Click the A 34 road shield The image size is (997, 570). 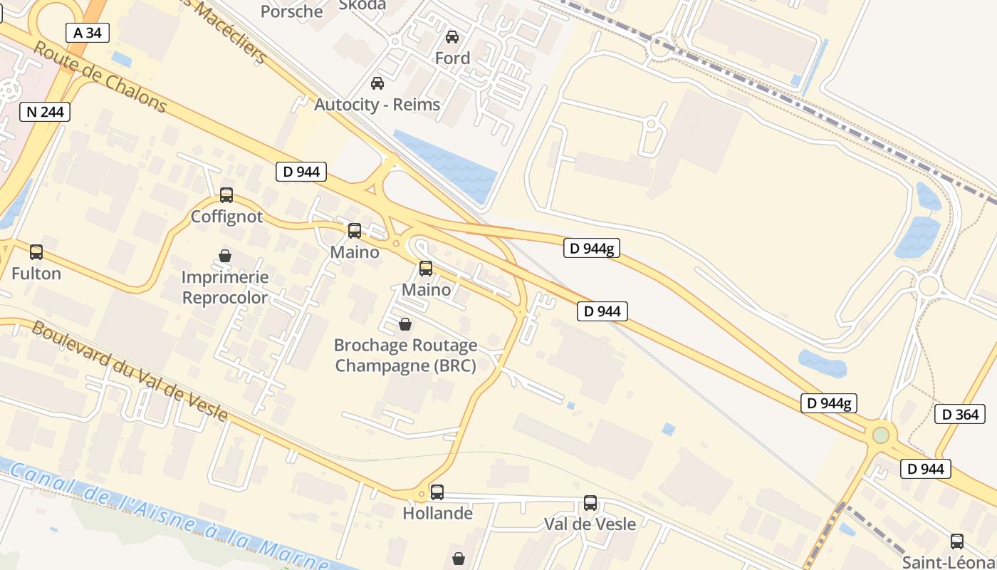click(x=88, y=32)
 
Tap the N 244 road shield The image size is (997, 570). click(x=45, y=111)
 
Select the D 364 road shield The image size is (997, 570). click(x=960, y=414)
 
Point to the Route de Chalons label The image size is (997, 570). click(x=100, y=77)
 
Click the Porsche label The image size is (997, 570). click(x=291, y=11)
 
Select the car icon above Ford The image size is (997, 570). click(x=452, y=37)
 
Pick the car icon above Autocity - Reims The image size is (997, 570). click(x=377, y=83)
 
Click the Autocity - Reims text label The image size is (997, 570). click(x=377, y=105)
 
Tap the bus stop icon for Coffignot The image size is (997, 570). click(x=226, y=195)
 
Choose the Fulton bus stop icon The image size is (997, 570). click(x=36, y=252)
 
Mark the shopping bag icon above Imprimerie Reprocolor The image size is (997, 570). click(x=225, y=256)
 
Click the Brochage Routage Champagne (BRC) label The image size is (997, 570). click(x=405, y=355)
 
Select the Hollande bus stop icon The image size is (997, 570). click(x=437, y=492)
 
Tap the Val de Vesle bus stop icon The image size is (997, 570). click(x=590, y=503)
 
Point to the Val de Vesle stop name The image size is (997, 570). click(x=590, y=524)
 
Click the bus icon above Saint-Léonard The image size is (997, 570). click(x=957, y=541)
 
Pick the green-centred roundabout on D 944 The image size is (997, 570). click(x=881, y=434)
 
